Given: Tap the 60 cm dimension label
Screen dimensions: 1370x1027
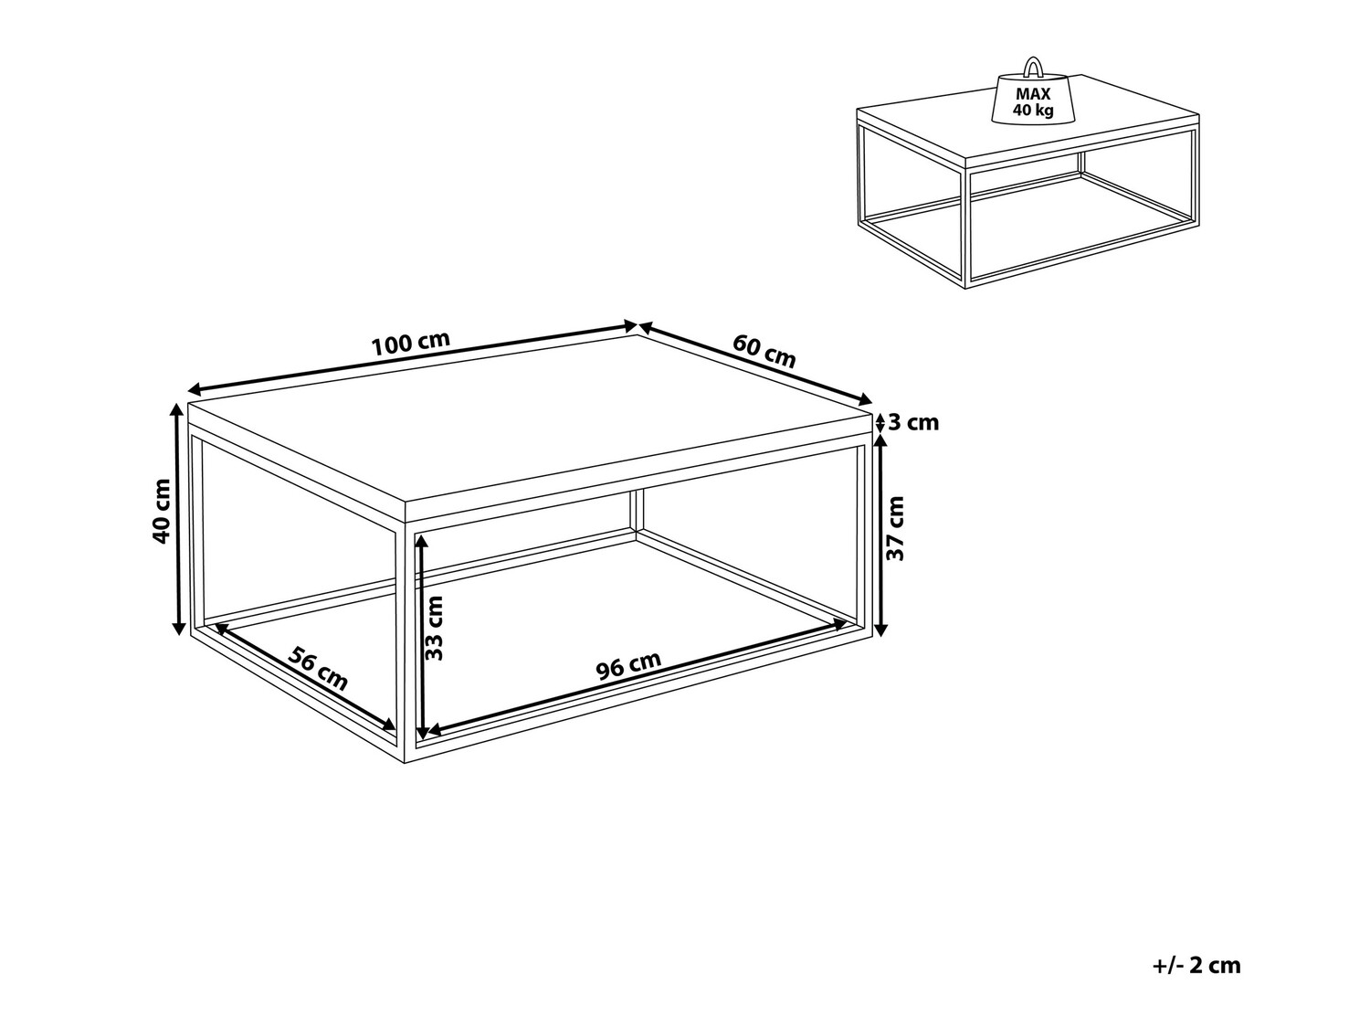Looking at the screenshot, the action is (x=764, y=351).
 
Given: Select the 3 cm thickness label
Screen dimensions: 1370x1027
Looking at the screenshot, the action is (x=913, y=423).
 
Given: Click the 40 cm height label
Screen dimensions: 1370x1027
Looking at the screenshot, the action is (x=161, y=512).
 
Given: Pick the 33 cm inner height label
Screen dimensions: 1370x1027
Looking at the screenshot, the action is (x=433, y=628).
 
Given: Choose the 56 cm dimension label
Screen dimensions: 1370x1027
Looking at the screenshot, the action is (x=318, y=669).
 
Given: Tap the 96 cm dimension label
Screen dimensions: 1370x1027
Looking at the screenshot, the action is (x=628, y=665).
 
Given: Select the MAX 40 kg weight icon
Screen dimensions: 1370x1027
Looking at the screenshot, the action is (x=1032, y=91).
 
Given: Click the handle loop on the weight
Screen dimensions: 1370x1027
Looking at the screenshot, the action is (x=1033, y=67).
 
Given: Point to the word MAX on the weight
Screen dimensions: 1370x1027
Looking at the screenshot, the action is (x=1033, y=94).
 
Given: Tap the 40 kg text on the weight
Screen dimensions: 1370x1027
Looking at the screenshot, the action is (x=1033, y=111).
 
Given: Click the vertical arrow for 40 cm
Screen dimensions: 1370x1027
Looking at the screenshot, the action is (x=179, y=519).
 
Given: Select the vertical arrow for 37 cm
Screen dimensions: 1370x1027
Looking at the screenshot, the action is (x=880, y=535).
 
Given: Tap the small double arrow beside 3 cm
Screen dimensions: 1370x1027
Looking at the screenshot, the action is (x=880, y=423).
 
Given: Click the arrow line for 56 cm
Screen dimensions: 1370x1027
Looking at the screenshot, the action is (x=305, y=675).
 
